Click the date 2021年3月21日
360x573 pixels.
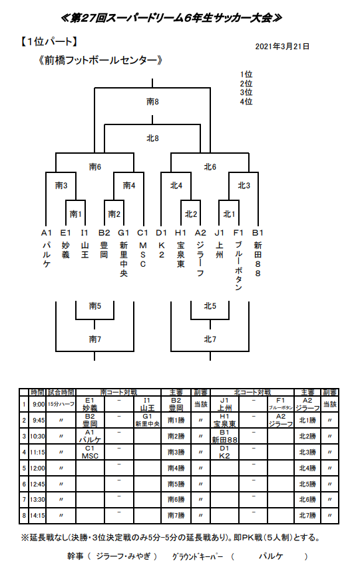point(282,47)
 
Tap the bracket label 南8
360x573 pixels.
point(153,102)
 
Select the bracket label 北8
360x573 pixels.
point(153,138)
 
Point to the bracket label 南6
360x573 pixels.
point(95,166)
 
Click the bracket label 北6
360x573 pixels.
point(210,166)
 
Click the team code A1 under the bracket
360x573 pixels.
point(46,233)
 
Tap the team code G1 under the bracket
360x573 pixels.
point(124,233)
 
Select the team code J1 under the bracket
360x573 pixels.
point(219,233)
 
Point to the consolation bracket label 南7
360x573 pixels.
point(95,339)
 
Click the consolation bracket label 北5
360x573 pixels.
point(210,306)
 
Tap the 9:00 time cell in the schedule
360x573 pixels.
point(38,404)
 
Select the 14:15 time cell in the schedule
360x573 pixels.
point(38,514)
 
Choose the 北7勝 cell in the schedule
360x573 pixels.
point(307,514)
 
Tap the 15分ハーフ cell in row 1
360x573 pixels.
point(61,404)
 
